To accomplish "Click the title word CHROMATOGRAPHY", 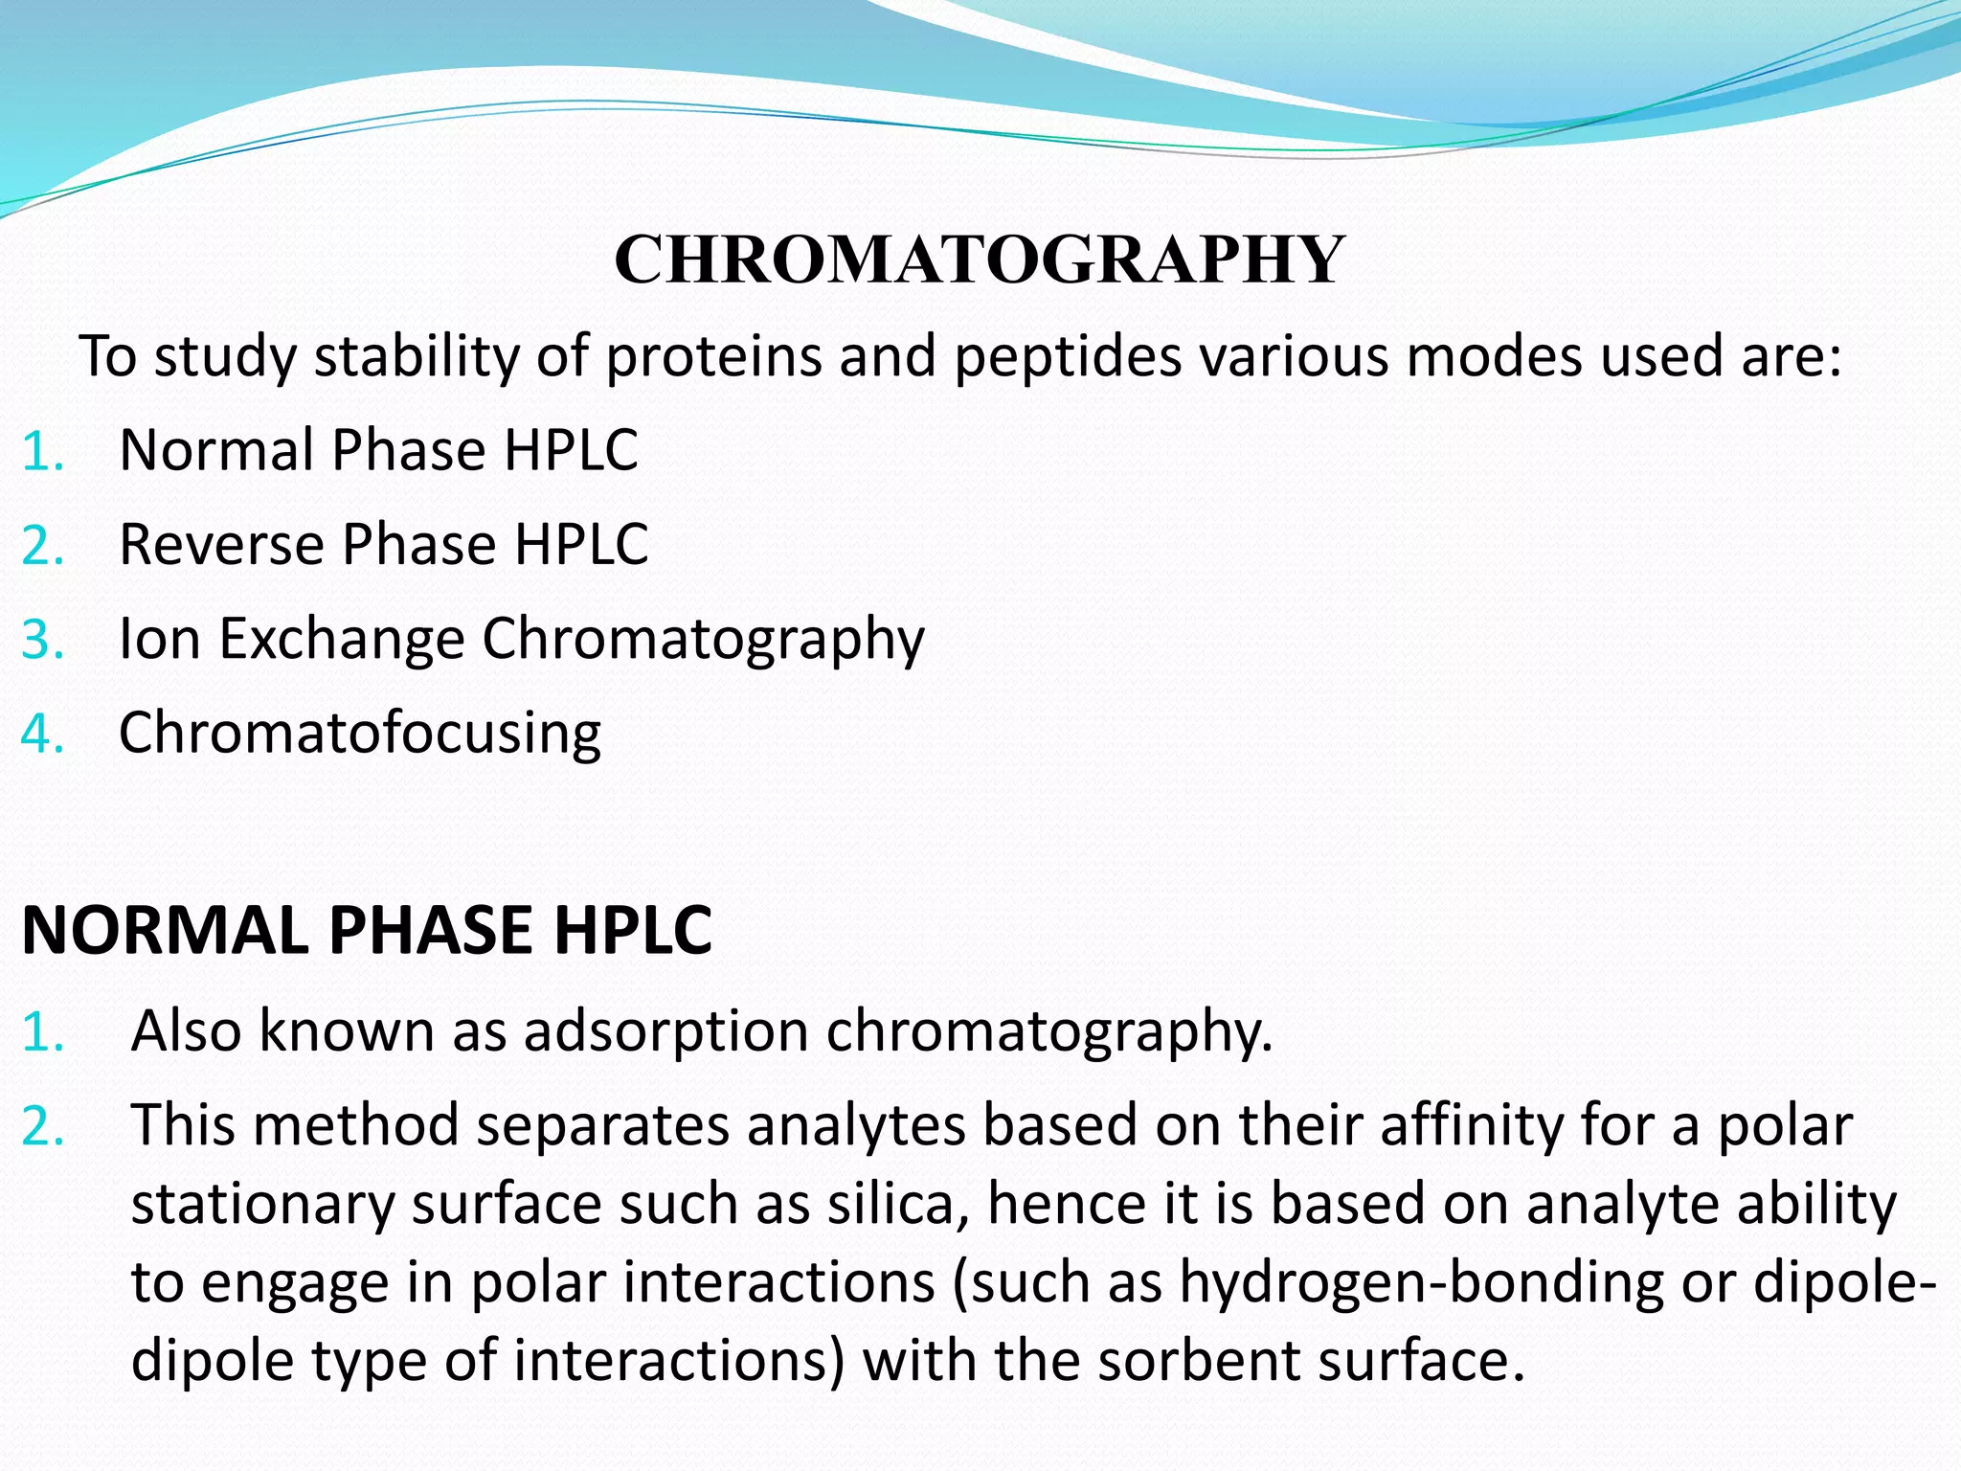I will click(980, 260).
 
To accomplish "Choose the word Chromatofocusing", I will click(360, 734).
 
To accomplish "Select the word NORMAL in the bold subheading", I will click(164, 931).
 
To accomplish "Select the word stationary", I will click(262, 1204).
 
